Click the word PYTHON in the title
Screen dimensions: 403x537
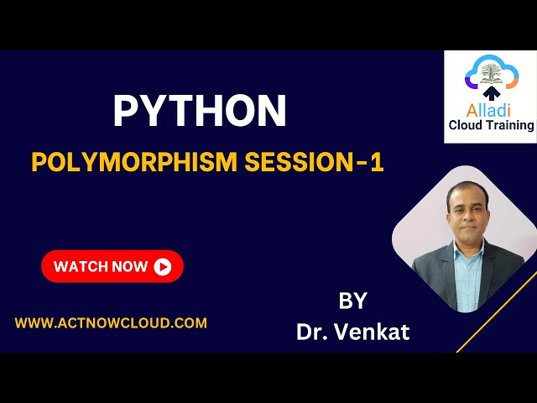pyautogui.click(x=200, y=112)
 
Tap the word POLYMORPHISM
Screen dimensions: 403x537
pyautogui.click(x=135, y=162)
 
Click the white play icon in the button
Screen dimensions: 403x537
pyautogui.click(x=163, y=267)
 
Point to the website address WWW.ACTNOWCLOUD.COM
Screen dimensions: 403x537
pyautogui.click(x=111, y=322)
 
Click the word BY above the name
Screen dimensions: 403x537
pyautogui.click(x=353, y=301)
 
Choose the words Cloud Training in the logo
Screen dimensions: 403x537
pyautogui.click(x=491, y=125)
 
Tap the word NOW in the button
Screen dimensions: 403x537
pyautogui.click(x=129, y=267)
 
